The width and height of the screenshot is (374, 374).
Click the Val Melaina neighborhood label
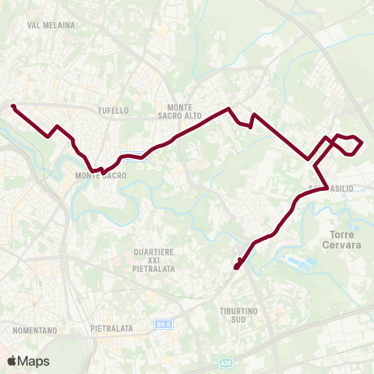click(51, 25)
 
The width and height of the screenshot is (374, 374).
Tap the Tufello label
click(114, 111)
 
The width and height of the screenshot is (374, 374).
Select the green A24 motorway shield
click(225, 363)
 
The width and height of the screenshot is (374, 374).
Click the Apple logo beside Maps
click(12, 361)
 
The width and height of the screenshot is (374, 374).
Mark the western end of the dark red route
click(12, 106)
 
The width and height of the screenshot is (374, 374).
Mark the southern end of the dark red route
click(235, 268)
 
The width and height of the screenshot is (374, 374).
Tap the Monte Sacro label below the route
click(101, 176)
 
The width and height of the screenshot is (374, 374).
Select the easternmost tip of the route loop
click(362, 143)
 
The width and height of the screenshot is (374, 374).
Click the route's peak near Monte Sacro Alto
click(228, 109)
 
